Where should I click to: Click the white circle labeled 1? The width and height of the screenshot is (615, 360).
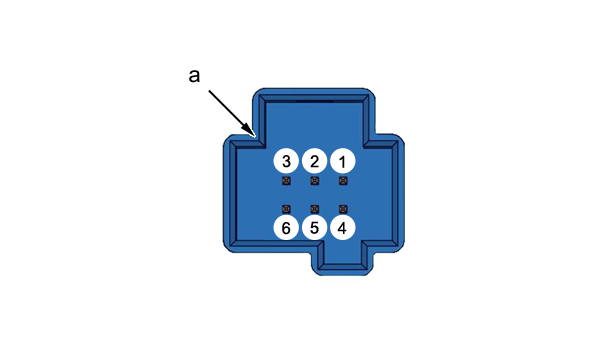pyautogui.click(x=342, y=161)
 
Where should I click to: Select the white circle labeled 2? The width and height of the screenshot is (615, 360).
pyautogui.click(x=314, y=161)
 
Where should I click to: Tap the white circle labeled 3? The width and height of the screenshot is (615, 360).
pyautogui.click(x=286, y=161)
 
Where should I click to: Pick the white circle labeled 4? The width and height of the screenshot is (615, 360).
pyautogui.click(x=342, y=227)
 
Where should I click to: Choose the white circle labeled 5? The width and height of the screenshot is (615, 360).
pyautogui.click(x=314, y=227)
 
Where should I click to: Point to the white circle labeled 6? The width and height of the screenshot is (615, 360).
pyautogui.click(x=286, y=227)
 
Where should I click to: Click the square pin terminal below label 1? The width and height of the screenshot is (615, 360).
pyautogui.click(x=343, y=181)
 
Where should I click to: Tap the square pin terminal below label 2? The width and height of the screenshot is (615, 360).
pyautogui.click(x=315, y=181)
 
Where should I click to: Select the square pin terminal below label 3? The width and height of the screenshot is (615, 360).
pyautogui.click(x=286, y=181)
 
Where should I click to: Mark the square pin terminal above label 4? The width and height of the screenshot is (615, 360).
pyautogui.click(x=343, y=209)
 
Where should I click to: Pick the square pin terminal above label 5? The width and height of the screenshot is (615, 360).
pyautogui.click(x=315, y=209)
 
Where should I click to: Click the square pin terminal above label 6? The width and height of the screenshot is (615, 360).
pyautogui.click(x=286, y=209)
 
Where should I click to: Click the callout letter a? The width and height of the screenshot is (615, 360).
pyautogui.click(x=194, y=75)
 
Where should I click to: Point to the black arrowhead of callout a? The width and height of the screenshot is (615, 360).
pyautogui.click(x=250, y=131)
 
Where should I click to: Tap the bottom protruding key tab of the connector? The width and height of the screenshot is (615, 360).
pyautogui.click(x=342, y=258)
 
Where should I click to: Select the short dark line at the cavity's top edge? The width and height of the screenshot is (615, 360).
pyautogui.click(x=314, y=101)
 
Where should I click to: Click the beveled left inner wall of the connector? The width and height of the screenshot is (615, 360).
pyautogui.click(x=234, y=194)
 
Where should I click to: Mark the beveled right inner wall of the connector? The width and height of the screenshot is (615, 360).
pyautogui.click(x=395, y=194)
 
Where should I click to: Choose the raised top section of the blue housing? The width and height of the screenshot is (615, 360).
pyautogui.click(x=314, y=114)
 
